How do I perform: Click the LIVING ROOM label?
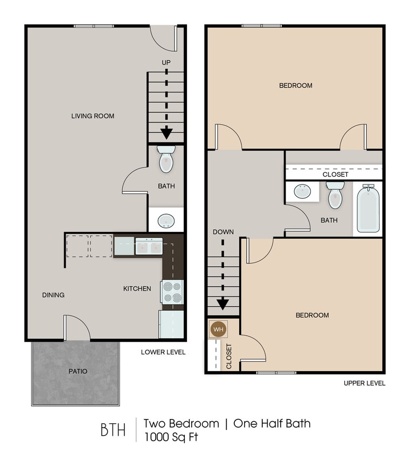tap(93, 116)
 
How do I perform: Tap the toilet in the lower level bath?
tap(166, 159)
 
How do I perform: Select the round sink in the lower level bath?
tap(166, 221)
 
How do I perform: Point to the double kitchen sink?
tap(149, 247)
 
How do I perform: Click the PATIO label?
tap(78, 371)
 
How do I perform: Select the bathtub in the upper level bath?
tap(368, 209)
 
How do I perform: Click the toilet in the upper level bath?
tap(335, 196)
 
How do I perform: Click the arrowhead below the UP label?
tap(166, 132)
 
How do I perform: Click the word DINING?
tap(53, 295)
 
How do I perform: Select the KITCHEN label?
tap(137, 289)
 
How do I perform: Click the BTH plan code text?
tap(113, 430)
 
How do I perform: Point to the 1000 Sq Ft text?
tap(171, 437)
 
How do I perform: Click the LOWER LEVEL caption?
tap(163, 352)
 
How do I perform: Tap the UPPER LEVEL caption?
tap(364, 383)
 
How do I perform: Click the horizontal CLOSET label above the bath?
tap(335, 174)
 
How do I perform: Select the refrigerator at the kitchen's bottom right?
tap(172, 324)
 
